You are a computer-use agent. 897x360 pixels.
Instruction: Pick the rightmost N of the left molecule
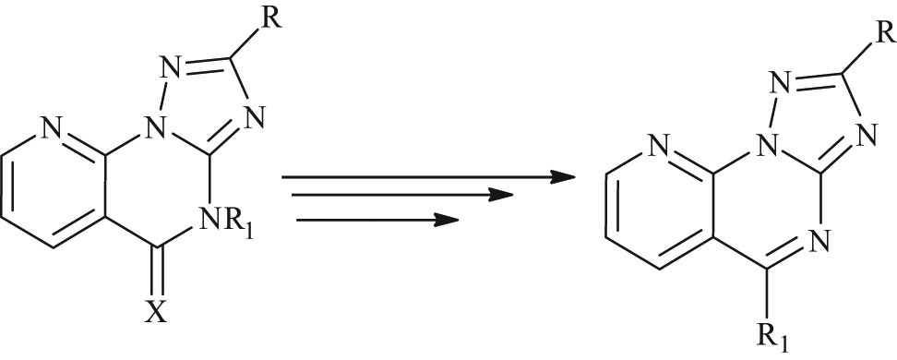pos(255,118)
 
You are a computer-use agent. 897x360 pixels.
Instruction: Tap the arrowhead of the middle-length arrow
pos(498,196)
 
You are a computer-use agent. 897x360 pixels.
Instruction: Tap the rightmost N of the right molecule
pos(864,137)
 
